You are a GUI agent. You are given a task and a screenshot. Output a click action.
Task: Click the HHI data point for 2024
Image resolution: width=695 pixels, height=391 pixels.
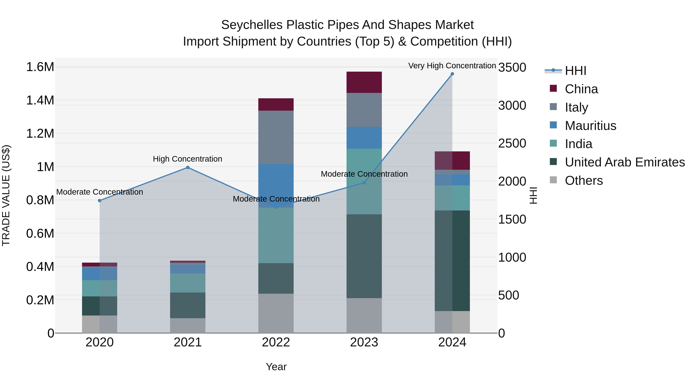pos(452,74)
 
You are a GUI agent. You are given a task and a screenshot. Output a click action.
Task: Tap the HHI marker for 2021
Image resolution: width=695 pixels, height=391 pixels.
pos(188,168)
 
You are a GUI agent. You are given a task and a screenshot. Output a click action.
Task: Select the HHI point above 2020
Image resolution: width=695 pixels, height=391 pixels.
pos(100,200)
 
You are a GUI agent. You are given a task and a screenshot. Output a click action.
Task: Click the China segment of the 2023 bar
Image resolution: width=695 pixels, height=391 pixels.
pos(364,82)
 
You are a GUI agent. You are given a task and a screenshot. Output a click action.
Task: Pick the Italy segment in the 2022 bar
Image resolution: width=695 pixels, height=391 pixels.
pos(276,137)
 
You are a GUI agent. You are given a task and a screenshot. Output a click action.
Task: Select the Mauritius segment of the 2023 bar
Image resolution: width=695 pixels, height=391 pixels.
pos(364,138)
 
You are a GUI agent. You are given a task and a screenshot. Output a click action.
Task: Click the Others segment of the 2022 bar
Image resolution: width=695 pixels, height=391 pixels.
pos(276,313)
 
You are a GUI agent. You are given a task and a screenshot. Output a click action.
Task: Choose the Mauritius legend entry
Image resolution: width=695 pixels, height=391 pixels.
pos(590,126)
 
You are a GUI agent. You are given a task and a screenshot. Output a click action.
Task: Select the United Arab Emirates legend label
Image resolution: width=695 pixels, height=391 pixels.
pos(625,162)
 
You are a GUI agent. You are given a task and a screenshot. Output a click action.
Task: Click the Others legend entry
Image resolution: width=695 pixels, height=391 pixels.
pos(584,181)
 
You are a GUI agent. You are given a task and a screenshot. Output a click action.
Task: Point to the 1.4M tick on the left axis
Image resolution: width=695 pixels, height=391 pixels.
pos(40,100)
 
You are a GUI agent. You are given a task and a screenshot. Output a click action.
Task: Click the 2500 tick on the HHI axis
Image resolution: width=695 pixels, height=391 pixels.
pos(512,143)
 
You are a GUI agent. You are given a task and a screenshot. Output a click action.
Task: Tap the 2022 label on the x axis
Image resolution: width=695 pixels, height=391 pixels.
pos(276,342)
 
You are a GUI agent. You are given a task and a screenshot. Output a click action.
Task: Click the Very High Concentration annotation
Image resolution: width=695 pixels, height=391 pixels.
pos(452,66)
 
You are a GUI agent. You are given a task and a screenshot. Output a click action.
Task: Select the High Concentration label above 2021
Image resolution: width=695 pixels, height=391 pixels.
pos(187,159)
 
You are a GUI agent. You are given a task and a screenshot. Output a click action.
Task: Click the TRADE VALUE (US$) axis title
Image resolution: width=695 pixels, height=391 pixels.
pos(6,195)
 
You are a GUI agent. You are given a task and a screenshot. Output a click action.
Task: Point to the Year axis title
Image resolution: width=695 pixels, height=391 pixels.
pos(276,367)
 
